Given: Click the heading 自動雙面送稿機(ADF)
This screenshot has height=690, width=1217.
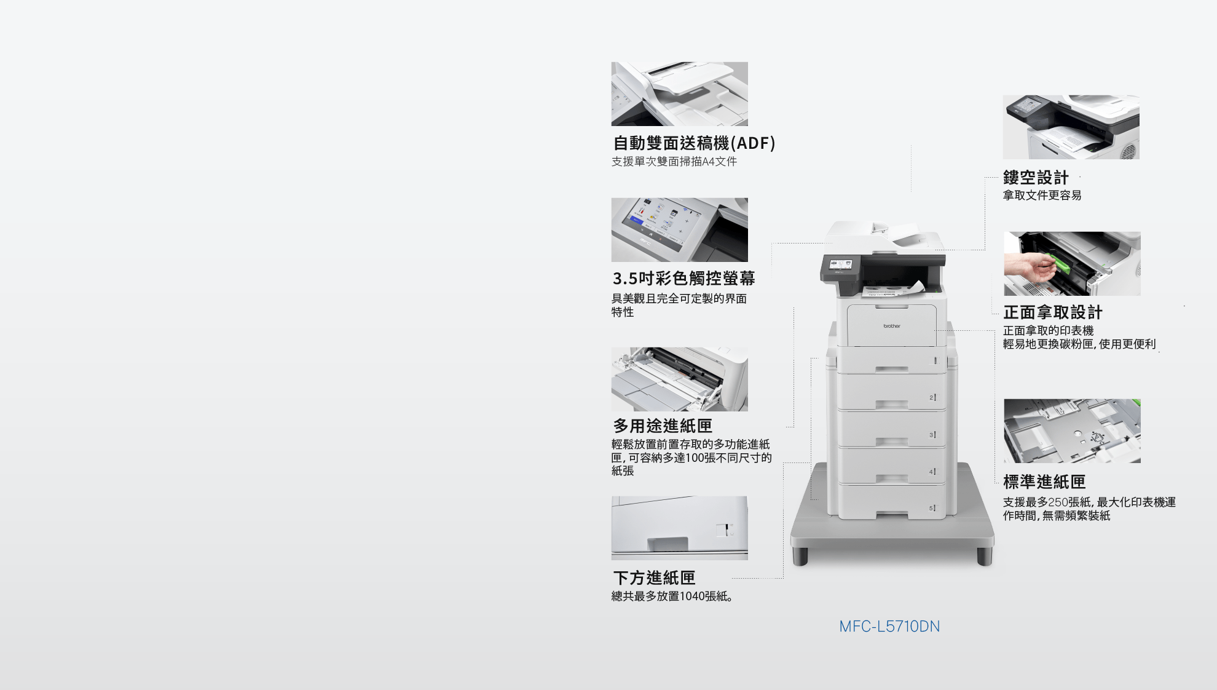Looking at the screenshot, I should tap(694, 143).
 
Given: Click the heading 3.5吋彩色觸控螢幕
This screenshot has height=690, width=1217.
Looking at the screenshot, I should tap(683, 279).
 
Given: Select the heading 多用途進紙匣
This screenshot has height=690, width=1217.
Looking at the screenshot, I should tap(663, 426).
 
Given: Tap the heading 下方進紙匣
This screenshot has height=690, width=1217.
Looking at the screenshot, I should tap(654, 578).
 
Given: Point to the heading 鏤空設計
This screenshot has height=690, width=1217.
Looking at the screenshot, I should tap(1036, 178).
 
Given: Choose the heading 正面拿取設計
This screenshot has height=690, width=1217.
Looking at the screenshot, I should tap(1053, 312).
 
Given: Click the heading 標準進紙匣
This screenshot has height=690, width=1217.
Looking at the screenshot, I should tap(1044, 482).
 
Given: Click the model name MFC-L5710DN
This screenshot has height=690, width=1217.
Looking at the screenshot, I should tap(889, 627).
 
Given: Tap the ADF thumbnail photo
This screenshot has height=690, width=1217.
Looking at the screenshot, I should tap(679, 93).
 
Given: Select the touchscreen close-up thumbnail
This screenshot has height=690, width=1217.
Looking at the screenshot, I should tap(679, 229).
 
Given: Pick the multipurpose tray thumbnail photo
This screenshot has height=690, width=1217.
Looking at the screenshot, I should tap(679, 379).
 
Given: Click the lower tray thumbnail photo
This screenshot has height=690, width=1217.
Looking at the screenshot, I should tap(679, 528).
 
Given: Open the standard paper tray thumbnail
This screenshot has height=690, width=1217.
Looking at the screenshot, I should tap(1072, 430).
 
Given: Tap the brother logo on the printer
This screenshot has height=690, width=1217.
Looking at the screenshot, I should tap(892, 326).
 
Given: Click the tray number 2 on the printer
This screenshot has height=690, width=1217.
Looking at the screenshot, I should tap(932, 398).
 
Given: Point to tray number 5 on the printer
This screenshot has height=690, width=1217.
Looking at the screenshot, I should tap(932, 508).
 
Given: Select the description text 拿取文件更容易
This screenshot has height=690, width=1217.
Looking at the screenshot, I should tap(1042, 196).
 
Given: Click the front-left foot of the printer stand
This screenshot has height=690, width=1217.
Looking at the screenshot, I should tap(800, 556).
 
